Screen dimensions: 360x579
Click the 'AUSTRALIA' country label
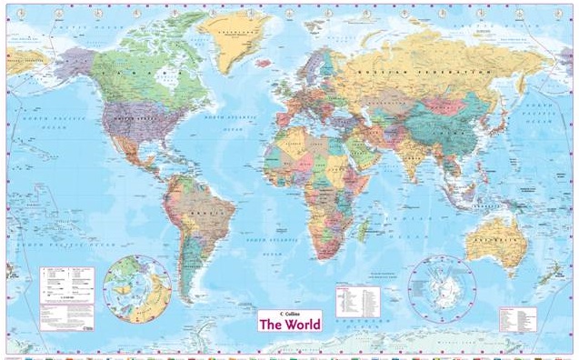(491, 242)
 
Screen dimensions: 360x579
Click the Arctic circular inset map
(137, 288)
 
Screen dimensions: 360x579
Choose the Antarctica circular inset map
(442, 288)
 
